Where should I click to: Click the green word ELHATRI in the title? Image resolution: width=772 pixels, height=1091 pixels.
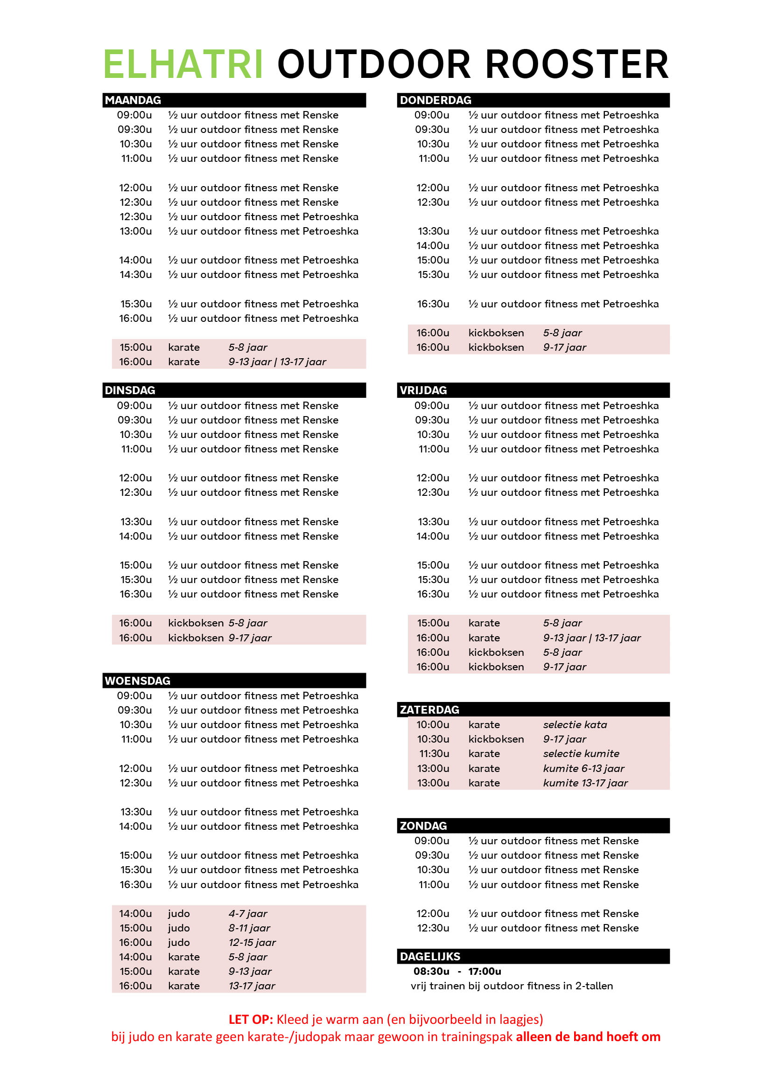click(x=183, y=64)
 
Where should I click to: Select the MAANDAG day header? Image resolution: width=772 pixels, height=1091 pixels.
click(x=133, y=100)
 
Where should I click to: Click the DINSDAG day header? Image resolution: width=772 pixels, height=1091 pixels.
click(x=130, y=390)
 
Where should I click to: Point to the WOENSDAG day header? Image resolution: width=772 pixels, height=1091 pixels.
click(x=137, y=681)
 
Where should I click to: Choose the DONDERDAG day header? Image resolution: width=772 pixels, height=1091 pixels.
click(x=435, y=100)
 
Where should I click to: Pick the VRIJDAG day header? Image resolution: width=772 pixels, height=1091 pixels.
click(x=423, y=390)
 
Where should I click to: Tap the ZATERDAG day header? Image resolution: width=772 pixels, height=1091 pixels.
click(x=429, y=709)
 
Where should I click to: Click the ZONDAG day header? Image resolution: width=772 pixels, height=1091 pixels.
click(x=423, y=826)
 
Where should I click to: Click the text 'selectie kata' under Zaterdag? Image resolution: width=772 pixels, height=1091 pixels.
click(x=575, y=725)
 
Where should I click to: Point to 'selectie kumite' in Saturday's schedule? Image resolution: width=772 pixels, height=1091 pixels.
click(x=581, y=754)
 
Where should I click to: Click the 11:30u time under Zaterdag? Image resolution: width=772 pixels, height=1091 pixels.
click(x=434, y=754)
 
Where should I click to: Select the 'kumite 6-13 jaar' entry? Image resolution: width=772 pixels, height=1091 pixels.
click(x=583, y=768)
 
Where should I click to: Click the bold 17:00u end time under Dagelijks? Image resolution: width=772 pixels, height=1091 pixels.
click(x=484, y=971)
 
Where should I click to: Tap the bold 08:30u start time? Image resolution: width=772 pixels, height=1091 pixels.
click(x=431, y=971)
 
